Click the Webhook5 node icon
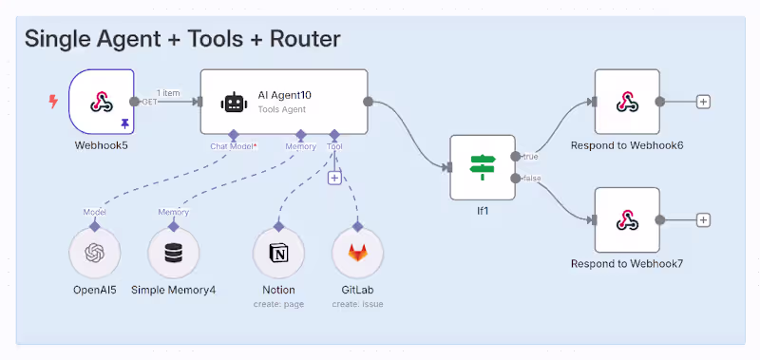(x=101, y=102)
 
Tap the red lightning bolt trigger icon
(x=54, y=101)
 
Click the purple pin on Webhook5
(x=124, y=123)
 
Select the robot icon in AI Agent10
(x=233, y=103)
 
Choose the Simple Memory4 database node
(x=173, y=253)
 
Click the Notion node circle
(x=278, y=253)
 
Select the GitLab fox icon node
(x=357, y=253)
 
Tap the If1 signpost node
(x=483, y=167)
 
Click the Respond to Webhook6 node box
(x=627, y=102)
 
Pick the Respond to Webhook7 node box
(x=627, y=219)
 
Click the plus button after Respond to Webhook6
(x=703, y=102)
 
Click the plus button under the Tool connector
(x=334, y=178)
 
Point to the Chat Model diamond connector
(x=233, y=135)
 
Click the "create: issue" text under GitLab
(x=357, y=304)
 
